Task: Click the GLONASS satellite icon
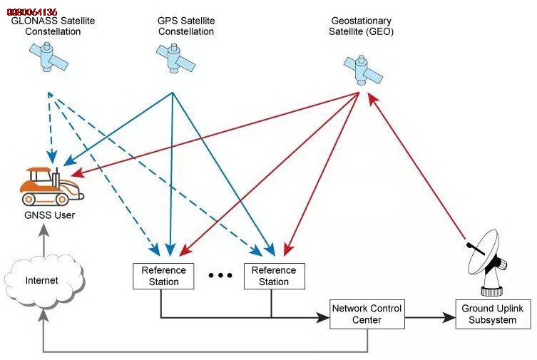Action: click(x=48, y=56)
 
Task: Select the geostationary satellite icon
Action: click(x=364, y=70)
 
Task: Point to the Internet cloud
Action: click(x=43, y=281)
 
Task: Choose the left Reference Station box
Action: click(x=163, y=276)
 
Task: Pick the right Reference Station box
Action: click(x=274, y=276)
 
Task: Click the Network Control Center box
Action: click(x=367, y=314)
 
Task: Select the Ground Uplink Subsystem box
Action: click(x=493, y=314)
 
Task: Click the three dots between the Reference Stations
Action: click(x=220, y=276)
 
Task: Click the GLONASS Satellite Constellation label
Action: click(x=53, y=26)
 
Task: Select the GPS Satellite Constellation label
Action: click(x=186, y=26)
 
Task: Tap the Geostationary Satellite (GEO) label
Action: click(x=361, y=26)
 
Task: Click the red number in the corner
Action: click(x=31, y=12)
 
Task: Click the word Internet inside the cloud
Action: click(x=41, y=281)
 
